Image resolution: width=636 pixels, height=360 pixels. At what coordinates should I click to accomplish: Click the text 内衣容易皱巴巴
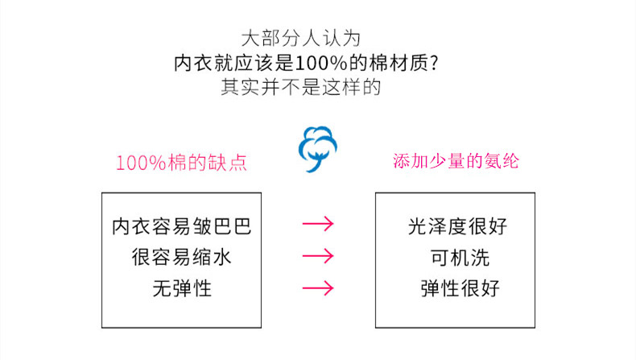(x=182, y=226)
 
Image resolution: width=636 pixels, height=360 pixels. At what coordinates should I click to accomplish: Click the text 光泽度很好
(x=457, y=226)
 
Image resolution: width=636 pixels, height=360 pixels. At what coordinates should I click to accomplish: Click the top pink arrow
(x=317, y=225)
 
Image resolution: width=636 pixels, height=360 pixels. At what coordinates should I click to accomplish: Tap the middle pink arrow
(x=317, y=255)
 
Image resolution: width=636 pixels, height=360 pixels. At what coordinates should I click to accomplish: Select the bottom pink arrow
(x=317, y=286)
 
